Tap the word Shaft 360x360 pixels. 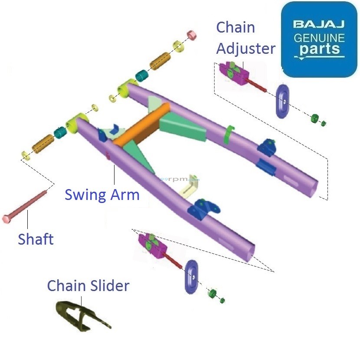tap(36, 239)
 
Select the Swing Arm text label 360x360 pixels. tap(102, 195)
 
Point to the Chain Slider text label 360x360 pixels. tap(88, 286)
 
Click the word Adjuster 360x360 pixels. tap(245, 48)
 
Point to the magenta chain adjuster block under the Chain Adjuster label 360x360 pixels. tap(233, 72)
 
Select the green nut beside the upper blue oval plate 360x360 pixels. tap(315, 118)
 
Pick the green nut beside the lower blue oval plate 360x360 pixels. tap(213, 294)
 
